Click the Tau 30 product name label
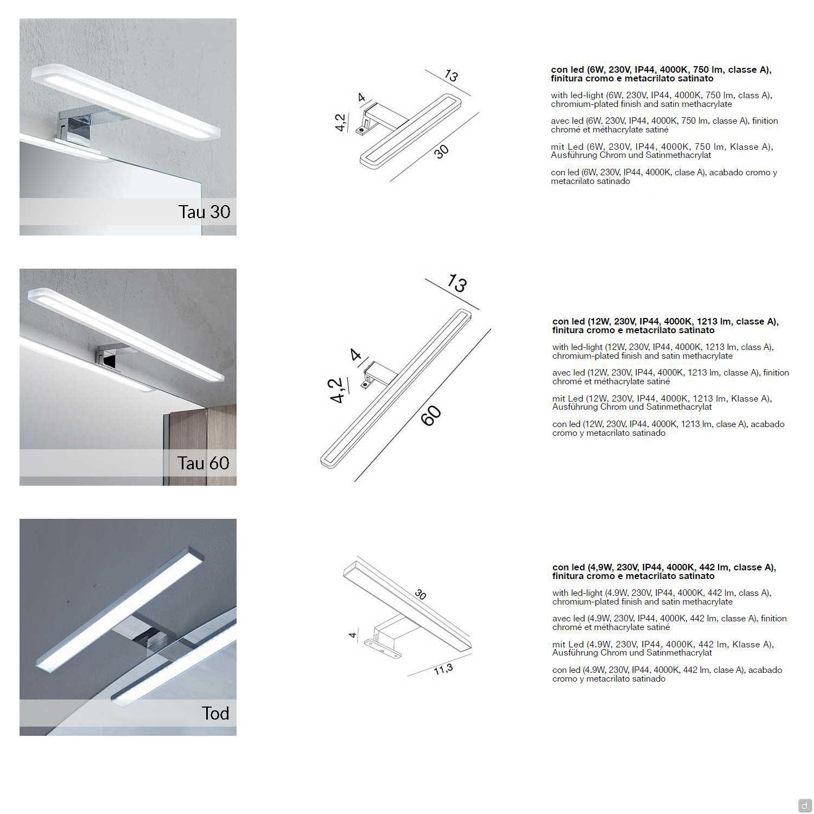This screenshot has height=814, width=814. tap(204, 212)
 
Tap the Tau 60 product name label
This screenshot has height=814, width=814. tap(203, 463)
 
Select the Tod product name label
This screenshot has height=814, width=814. tap(215, 713)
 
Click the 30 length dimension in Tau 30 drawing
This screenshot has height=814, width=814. tap(442, 151)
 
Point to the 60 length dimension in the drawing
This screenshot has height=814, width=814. tap(431, 416)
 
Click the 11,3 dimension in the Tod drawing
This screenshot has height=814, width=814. tap(443, 670)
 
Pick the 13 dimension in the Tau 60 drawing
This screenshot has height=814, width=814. tap(456, 283)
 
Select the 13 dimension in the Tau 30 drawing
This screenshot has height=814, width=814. tap(451, 75)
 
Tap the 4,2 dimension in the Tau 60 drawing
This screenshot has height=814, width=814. tap(338, 391)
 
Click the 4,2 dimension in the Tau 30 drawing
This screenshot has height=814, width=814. tap(341, 123)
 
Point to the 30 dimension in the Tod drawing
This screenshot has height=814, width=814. tap(421, 594)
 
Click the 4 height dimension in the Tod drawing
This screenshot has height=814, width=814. tap(353, 634)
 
